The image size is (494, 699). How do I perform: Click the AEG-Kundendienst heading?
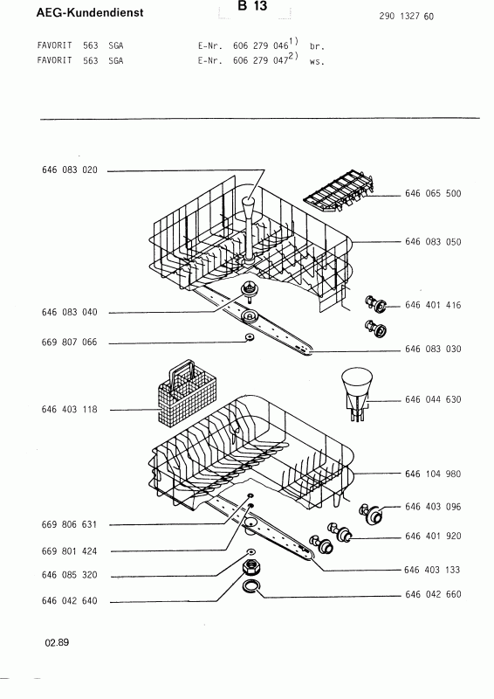pyautogui.click(x=90, y=12)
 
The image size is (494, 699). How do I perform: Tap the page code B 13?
pyautogui.click(x=252, y=6)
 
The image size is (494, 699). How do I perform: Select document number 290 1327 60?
pyautogui.click(x=406, y=17)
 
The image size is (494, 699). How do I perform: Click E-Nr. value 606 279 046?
pyautogui.click(x=260, y=45)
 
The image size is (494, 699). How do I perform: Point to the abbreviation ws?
pyautogui.click(x=317, y=62)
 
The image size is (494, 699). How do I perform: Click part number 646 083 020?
pyautogui.click(x=70, y=170)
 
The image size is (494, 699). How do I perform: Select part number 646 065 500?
pyautogui.click(x=433, y=193)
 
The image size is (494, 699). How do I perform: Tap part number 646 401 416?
pyautogui.click(x=433, y=305)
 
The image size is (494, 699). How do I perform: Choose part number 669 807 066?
pyautogui.click(x=69, y=343)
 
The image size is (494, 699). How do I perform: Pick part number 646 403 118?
pyautogui.click(x=69, y=409)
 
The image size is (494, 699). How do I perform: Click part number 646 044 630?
pyautogui.click(x=433, y=399)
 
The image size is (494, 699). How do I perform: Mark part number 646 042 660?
pyautogui.click(x=433, y=594)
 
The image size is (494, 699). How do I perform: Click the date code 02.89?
pyautogui.click(x=57, y=642)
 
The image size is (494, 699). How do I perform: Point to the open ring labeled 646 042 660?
pyautogui.click(x=251, y=587)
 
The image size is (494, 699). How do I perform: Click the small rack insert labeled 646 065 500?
pyautogui.click(x=340, y=190)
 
